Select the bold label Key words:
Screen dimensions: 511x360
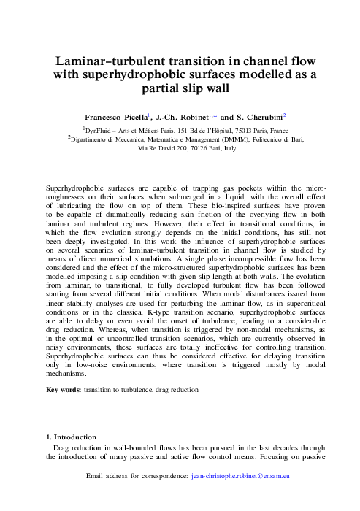pos(64,390)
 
